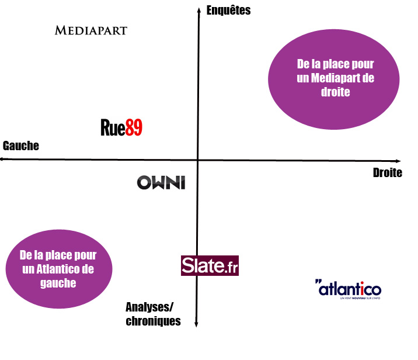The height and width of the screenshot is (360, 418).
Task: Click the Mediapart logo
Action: click(91, 30)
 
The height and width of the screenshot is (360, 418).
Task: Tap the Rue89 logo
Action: click(121, 127)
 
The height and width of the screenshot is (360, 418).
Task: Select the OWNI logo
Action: click(161, 182)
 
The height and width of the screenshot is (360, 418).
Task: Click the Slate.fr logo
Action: click(210, 265)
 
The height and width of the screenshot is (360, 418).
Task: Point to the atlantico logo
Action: click(348, 289)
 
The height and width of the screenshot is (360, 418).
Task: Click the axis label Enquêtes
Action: click(229, 10)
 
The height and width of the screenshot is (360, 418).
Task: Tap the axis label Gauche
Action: click(21, 146)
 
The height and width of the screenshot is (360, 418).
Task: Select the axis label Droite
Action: click(388, 172)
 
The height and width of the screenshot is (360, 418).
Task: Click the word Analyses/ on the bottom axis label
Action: click(149, 307)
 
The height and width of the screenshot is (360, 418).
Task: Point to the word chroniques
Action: click(154, 321)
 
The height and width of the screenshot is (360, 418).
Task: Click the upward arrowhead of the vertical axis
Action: click(199, 9)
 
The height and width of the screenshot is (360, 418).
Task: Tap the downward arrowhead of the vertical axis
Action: click(196, 326)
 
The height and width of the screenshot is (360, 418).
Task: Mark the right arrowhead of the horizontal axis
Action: click(399, 161)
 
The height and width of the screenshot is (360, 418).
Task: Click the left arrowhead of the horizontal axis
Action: click(2, 159)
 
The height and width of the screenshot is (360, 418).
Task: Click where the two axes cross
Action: click(197, 160)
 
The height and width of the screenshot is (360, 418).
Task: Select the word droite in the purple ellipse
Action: click(335, 92)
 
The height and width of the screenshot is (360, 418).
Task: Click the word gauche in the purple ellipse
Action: click(58, 283)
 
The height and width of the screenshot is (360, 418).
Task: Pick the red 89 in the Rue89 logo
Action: click(134, 127)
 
